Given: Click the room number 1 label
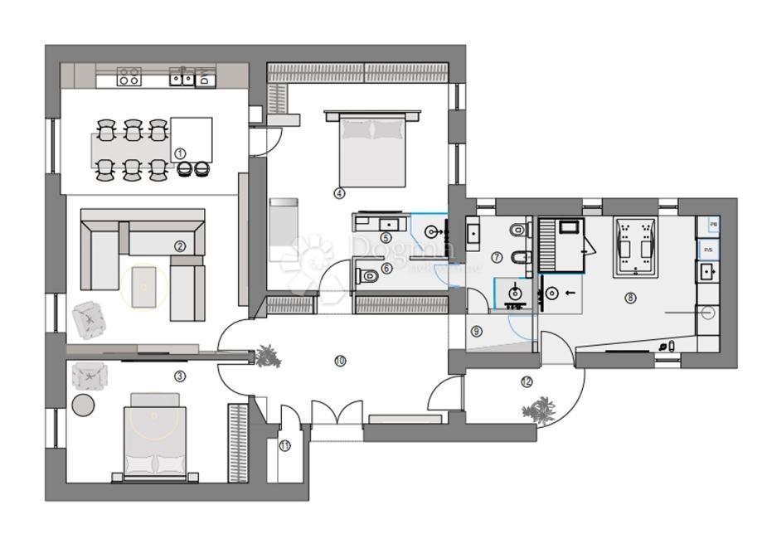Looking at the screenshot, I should point(179,153).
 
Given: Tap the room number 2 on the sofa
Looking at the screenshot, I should point(179,245).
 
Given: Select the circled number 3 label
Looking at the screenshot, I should point(179,376).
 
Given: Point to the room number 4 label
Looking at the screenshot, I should point(338,193).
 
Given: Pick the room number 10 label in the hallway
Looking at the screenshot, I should point(340,360).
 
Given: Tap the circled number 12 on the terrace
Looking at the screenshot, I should point(527,382).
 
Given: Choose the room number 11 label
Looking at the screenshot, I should point(285,445).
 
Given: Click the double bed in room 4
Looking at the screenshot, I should point(371,149).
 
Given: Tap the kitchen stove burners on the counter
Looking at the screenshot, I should point(129,78).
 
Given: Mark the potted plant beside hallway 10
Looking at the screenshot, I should point(267,356).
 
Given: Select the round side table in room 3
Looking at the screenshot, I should point(84,405).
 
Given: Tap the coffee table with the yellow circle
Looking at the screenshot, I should point(144,286).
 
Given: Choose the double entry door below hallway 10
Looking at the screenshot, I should point(336,412).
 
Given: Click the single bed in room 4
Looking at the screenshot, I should point(282,222).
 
